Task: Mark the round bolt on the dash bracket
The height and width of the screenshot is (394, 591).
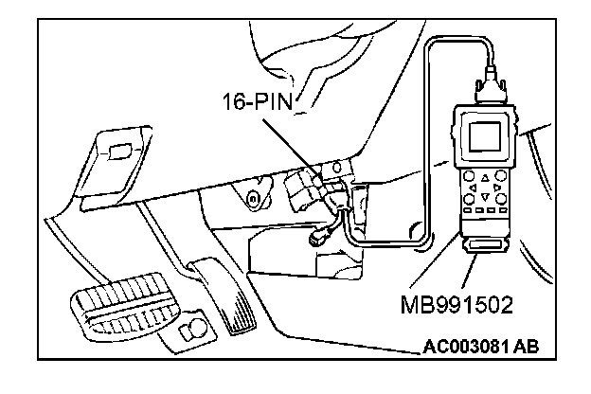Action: (253, 198)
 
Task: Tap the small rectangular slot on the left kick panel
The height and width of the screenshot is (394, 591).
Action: (118, 150)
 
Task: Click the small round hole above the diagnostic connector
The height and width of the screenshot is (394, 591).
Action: (335, 167)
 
